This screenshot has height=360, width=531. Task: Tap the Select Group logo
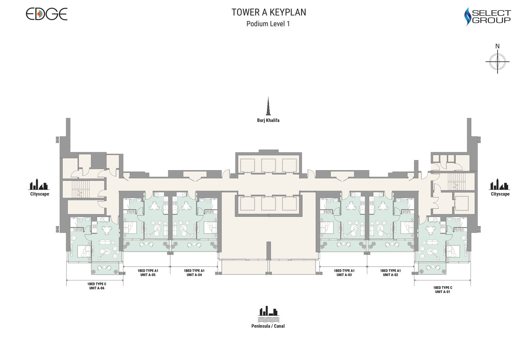[487, 16]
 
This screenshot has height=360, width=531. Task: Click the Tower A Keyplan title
[269, 12]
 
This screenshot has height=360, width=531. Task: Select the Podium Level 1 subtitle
[268, 24]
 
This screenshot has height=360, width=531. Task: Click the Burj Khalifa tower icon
[268, 106]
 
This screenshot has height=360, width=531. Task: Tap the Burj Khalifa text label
[268, 120]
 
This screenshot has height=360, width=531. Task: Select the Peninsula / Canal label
[268, 326]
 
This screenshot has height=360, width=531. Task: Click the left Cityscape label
[40, 194]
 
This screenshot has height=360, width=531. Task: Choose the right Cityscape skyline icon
[499, 184]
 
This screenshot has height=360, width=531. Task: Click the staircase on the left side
[80, 189]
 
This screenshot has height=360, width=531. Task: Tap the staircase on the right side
[457, 181]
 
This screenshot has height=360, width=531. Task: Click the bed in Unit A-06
[84, 251]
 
